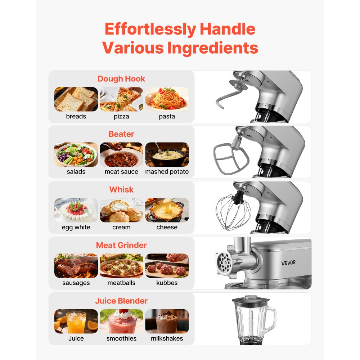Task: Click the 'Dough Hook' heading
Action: click(x=121, y=79)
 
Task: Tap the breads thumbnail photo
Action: click(x=76, y=99)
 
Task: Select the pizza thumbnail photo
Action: click(x=121, y=99)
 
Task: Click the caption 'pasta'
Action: click(x=167, y=116)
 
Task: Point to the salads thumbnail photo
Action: click(x=76, y=154)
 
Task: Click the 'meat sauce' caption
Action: click(x=121, y=172)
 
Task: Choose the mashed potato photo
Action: click(x=167, y=154)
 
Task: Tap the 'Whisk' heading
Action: click(x=121, y=190)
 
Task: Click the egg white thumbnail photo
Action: click(x=76, y=210)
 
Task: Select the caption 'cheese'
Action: click(x=167, y=227)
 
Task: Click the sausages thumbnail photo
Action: click(x=76, y=266)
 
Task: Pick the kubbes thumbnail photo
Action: click(x=167, y=266)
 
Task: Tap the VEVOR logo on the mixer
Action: click(x=288, y=262)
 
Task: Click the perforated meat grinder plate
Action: click(x=225, y=262)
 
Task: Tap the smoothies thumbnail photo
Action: click(x=121, y=321)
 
